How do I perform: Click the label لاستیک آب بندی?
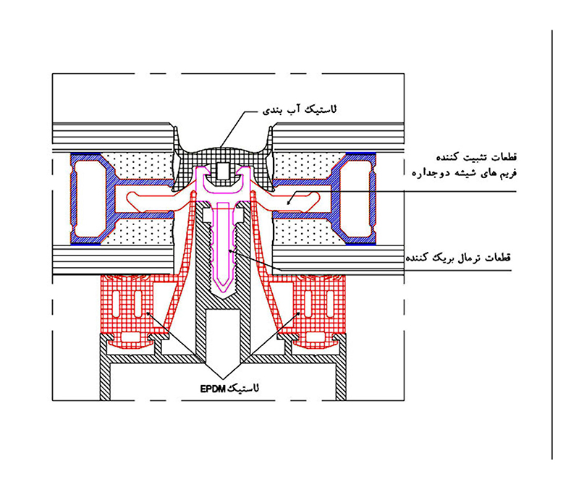300,110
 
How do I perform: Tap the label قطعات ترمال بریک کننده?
458,258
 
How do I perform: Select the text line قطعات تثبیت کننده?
477,157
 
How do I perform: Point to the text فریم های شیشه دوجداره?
465,173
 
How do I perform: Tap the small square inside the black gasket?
223,171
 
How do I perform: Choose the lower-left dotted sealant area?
140,232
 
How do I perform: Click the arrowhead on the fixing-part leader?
289,202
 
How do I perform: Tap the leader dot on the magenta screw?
230,251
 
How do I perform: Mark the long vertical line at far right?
552,245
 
